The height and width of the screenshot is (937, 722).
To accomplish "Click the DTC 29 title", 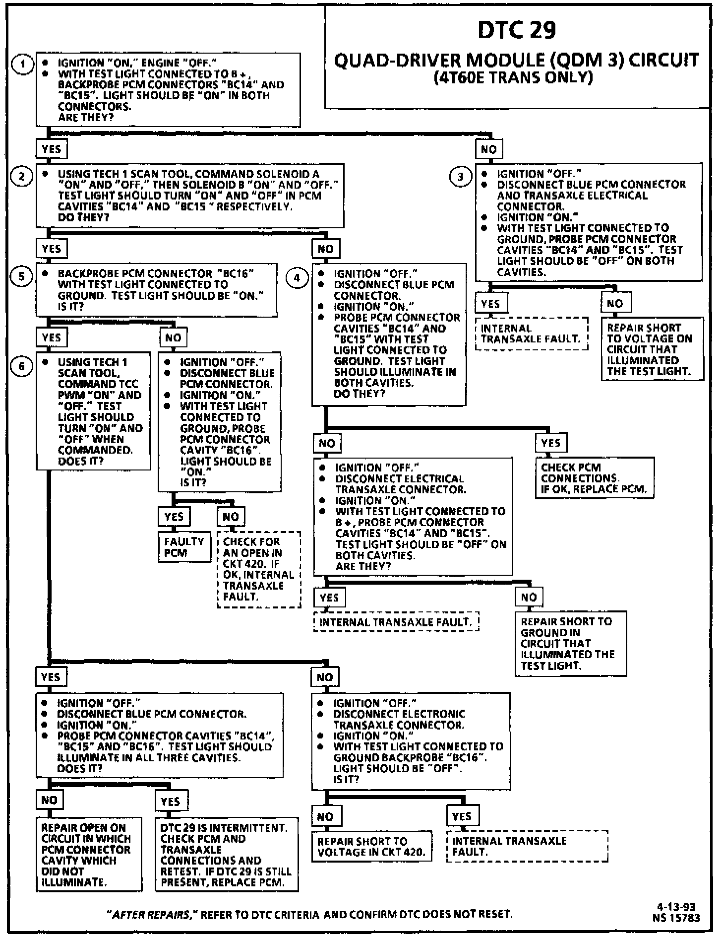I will [517, 30].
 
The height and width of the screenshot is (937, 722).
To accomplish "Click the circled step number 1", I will [22, 64].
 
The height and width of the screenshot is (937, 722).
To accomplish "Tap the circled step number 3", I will [461, 176].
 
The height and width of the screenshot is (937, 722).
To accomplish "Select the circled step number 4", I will [297, 277].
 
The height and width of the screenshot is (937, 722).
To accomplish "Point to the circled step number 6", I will [22, 367].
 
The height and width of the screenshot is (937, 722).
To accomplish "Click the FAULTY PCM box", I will [184, 547].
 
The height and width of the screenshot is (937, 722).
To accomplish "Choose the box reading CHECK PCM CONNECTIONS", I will [594, 478].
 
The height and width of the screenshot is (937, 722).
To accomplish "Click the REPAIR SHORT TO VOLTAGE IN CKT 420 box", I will [372, 847].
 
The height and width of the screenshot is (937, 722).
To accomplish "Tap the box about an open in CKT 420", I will [258, 569].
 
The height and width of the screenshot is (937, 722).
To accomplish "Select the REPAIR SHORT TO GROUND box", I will [570, 643].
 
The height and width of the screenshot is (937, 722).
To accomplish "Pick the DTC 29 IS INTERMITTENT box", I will [226, 855].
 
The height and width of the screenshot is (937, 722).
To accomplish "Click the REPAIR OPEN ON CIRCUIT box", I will [88, 855].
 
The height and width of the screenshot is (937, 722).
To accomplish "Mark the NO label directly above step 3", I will [489, 149].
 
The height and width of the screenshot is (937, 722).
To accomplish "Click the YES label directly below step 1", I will [51, 149].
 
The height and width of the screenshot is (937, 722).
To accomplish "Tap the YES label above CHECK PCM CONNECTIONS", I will [550, 443].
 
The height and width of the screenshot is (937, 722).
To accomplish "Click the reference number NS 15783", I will [676, 918].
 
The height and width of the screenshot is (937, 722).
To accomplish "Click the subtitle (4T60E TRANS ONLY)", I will [513, 78].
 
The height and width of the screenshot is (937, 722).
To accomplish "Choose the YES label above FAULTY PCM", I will [174, 517].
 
